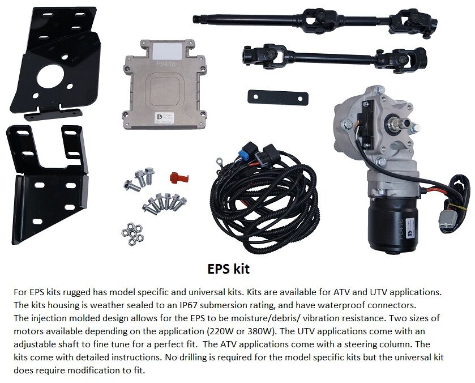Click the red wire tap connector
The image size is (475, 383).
click(179, 178)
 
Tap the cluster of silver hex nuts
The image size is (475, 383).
click(132, 234)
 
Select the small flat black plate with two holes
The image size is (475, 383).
click(278, 97)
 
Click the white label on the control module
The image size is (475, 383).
click(167, 51)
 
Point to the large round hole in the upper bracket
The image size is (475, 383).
click(50, 76)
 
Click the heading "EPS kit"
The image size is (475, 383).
click(228, 269)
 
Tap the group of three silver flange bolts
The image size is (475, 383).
click(139, 180)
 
